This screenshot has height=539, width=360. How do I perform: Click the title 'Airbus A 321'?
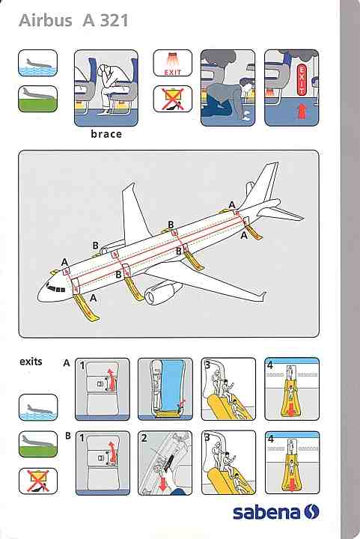coord(73,21)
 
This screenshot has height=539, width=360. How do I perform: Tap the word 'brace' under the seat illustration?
coord(106,134)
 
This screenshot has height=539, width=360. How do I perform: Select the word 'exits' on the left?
coord(31,362)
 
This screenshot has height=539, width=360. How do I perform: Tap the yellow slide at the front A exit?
coord(87,308)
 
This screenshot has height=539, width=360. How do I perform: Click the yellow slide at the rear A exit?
coord(254,232)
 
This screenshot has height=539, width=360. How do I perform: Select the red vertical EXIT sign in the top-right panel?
coord(302,79)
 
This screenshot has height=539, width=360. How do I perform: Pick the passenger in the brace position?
coord(106,87)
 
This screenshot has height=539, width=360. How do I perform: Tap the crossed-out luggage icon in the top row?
coord(172,99)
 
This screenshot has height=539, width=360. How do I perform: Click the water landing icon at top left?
coord(37,63)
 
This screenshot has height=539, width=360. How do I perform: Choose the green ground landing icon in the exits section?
coord(38,444)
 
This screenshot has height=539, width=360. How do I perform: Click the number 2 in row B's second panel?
coord(144,438)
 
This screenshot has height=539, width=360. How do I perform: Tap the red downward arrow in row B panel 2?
coord(162,482)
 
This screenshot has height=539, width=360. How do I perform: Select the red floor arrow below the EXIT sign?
coord(302,112)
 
